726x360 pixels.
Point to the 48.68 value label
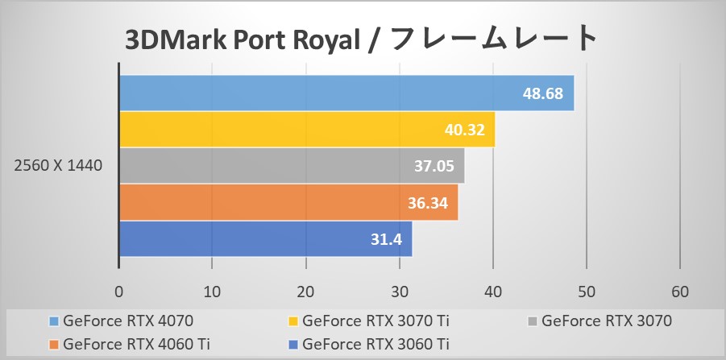tap(543, 94)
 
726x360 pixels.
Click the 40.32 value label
tap(464, 130)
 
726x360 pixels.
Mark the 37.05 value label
tap(434, 167)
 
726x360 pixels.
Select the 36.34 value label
tap(428, 203)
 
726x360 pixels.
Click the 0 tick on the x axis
tap(119, 291)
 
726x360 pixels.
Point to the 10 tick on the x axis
tap(213, 291)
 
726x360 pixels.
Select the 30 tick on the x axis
tap(400, 291)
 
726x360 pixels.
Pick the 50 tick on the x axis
tap(587, 291)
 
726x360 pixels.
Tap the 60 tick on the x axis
tap(680, 291)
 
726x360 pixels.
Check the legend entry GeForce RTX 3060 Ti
tap(375, 344)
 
